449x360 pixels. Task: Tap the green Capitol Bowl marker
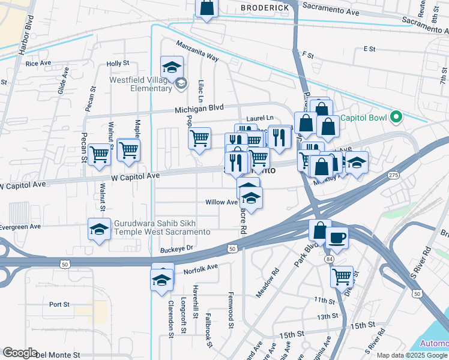pos(396,116)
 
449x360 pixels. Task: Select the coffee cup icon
pos(337,238)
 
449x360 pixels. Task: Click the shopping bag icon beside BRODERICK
pos(206,8)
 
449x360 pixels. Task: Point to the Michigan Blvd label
pos(199,108)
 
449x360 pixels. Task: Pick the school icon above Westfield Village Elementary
pos(172,67)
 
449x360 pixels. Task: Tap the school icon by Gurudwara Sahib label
pos(100,229)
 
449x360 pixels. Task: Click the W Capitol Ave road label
pos(136,176)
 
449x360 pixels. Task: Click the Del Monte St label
pos(58,355)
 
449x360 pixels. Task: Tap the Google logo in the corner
pos(20,353)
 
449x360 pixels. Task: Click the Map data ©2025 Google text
pos(411,355)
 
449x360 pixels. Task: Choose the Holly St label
pos(118,63)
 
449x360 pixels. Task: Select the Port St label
pos(59,304)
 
